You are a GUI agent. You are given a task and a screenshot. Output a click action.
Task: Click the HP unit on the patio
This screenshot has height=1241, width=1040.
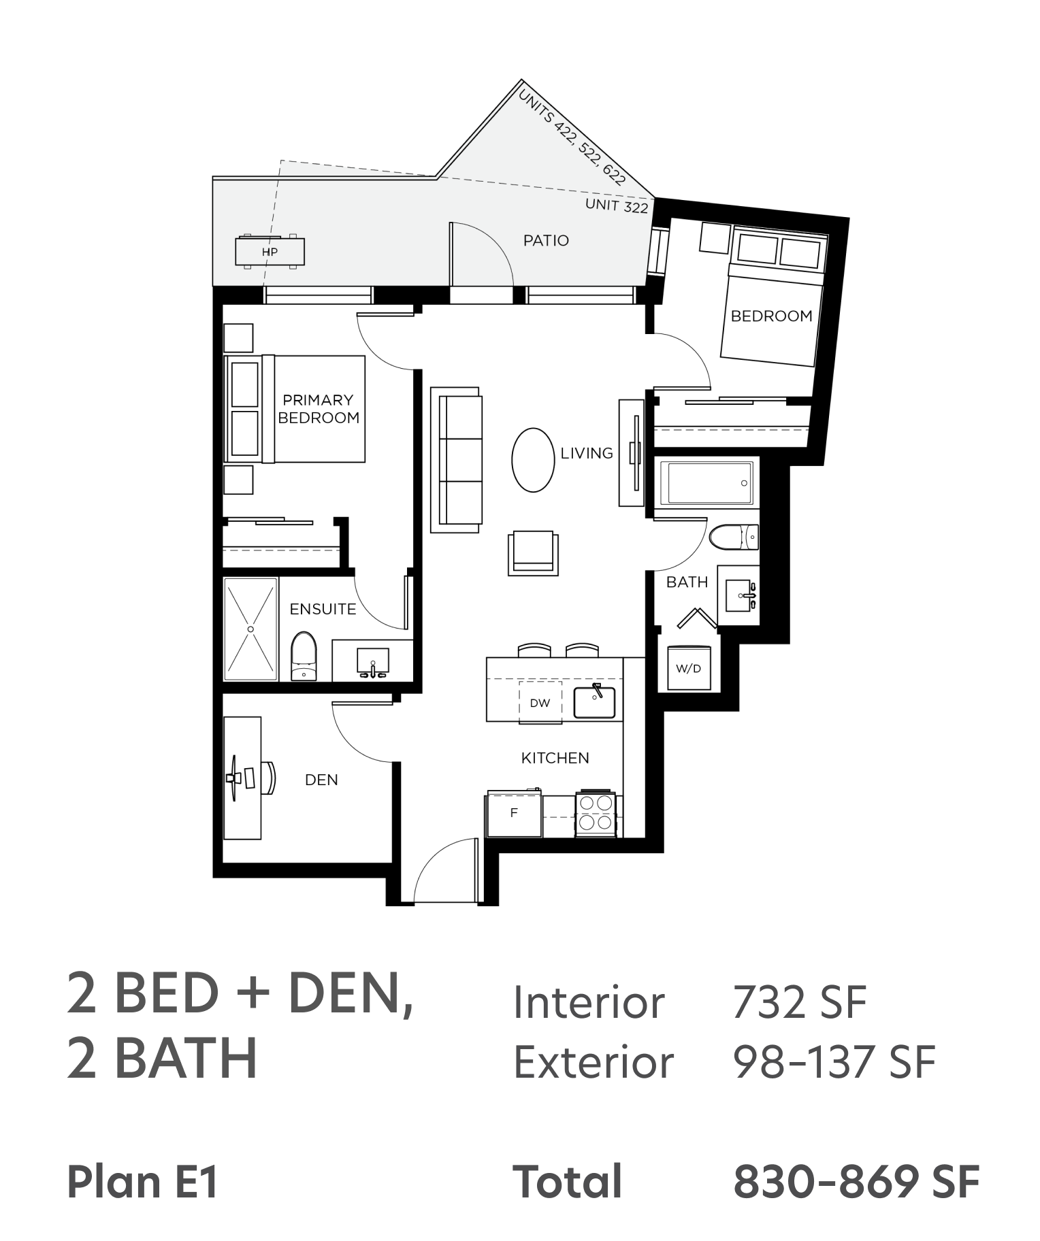tap(270, 251)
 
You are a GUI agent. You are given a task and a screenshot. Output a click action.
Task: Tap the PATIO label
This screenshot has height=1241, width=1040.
tap(546, 240)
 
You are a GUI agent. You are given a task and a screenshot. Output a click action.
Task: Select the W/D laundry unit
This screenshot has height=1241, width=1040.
tap(688, 667)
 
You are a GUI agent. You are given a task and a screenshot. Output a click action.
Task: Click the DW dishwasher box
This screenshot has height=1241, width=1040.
tap(540, 702)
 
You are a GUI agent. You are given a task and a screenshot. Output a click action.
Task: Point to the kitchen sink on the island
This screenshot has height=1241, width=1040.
tap(594, 702)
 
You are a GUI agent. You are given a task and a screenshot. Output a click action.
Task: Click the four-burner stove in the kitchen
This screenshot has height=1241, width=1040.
tap(596, 813)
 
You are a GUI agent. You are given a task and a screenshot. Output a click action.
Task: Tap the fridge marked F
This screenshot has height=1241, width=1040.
tap(514, 812)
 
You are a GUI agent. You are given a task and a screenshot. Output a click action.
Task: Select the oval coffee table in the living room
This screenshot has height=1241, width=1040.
tap(533, 460)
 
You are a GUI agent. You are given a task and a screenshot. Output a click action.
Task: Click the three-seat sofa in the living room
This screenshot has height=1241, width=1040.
tap(456, 460)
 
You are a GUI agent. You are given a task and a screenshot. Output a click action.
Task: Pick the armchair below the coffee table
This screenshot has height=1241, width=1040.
tap(533, 553)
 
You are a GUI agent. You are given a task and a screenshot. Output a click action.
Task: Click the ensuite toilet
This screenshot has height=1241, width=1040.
tap(304, 656)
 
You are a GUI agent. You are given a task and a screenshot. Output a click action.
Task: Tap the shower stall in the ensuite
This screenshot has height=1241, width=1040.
tap(250, 629)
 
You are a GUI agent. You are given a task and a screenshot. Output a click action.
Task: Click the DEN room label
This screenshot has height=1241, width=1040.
tap(321, 780)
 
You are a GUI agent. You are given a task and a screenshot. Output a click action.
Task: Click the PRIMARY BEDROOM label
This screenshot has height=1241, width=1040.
tap(319, 409)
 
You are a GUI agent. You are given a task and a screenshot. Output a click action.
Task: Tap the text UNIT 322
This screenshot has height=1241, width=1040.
tap(617, 205)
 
